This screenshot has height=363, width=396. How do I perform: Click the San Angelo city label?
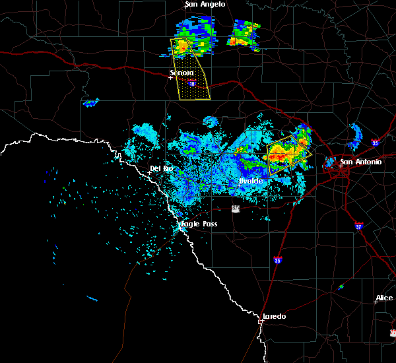[x=205, y=5]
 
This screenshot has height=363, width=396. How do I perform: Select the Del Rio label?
[x=161, y=169]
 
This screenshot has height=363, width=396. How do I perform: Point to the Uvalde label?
[x=251, y=181]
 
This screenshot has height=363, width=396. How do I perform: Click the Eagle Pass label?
[x=199, y=224]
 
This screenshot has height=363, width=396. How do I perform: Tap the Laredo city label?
[x=274, y=316]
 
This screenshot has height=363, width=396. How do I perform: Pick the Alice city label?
[x=384, y=298]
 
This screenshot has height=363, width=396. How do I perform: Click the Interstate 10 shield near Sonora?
[x=191, y=84]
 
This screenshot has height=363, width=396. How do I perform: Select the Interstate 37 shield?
[x=358, y=225]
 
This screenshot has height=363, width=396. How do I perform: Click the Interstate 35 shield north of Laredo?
[x=278, y=260]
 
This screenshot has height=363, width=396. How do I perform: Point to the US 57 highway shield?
[x=236, y=209]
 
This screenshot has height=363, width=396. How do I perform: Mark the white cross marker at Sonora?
[x=170, y=77]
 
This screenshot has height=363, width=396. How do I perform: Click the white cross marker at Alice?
[x=376, y=302]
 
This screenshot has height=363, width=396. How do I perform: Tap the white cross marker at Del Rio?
[x=149, y=173]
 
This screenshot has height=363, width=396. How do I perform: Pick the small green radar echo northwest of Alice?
[x=340, y=286]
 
